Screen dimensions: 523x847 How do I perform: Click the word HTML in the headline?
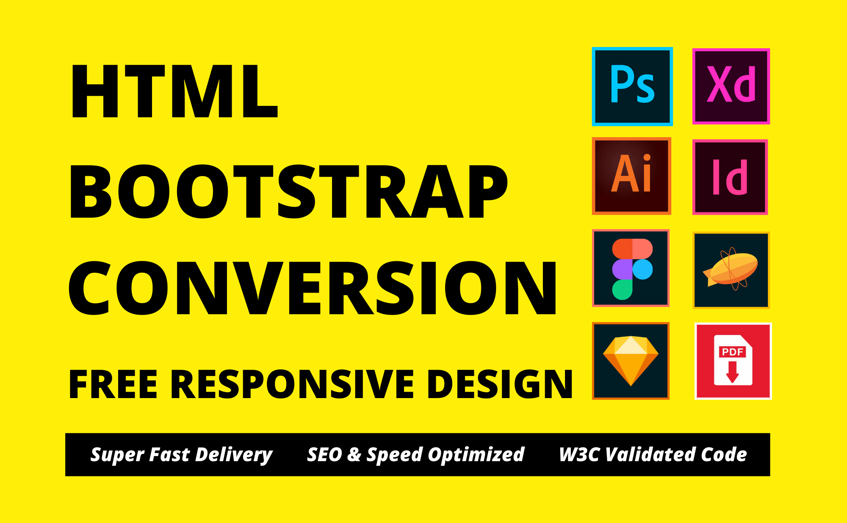(174, 91)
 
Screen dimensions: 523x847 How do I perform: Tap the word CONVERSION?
(313, 288)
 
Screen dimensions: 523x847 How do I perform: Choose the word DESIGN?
(500, 384)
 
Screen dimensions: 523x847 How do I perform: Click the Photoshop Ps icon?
(632, 86)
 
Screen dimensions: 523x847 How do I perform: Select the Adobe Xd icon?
(731, 86)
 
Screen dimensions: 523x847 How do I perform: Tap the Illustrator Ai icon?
(631, 176)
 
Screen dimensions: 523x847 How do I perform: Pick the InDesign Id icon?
(730, 177)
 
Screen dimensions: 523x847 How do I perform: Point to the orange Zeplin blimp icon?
(731, 270)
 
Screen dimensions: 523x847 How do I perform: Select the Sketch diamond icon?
(631, 361)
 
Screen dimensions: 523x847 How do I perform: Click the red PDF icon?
(733, 361)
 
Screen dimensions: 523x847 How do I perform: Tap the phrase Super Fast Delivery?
(181, 455)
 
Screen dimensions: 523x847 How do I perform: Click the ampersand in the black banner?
(354, 455)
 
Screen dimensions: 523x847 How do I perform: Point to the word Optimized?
(476, 455)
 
